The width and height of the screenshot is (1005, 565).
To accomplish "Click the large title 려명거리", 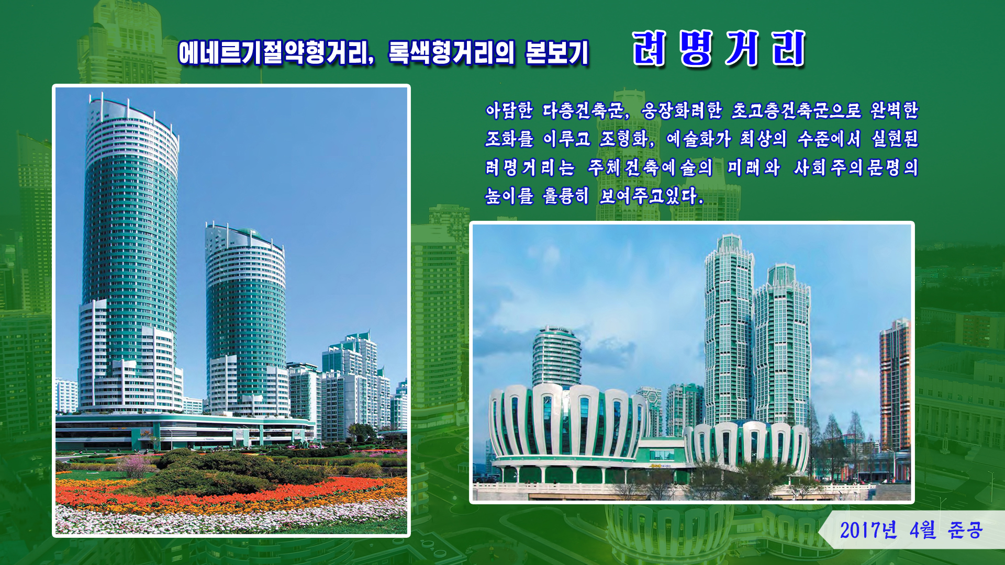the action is coord(718,49).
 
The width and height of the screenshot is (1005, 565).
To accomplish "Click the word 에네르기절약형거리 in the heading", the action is coord(276,53).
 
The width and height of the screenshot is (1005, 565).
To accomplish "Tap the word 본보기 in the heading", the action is coord(557,53).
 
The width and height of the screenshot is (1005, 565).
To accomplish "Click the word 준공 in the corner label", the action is coord(965,530).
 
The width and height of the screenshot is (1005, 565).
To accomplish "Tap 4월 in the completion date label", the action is coord(922,530).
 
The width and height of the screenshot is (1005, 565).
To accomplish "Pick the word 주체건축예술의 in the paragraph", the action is coord(650,167).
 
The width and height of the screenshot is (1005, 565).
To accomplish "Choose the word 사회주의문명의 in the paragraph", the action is coord(856,167).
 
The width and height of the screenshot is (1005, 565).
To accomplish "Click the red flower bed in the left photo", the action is coord(230,494).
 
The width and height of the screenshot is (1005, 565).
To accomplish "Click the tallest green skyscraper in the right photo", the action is coord(729,335).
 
